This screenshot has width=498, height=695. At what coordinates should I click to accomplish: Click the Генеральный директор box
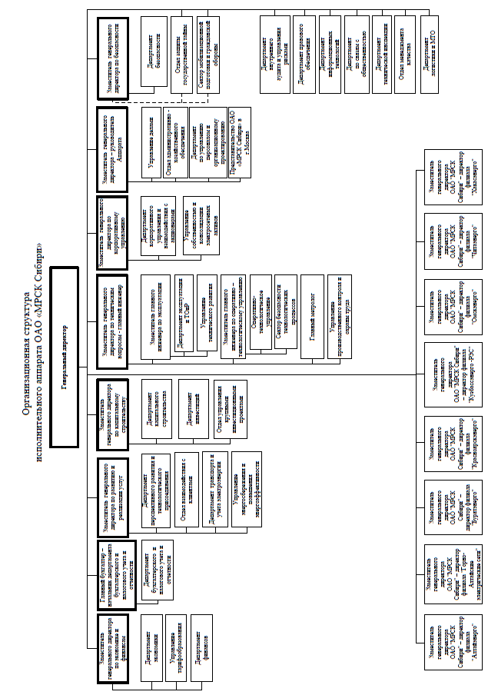(65, 357)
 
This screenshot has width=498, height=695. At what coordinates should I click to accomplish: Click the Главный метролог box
(312, 316)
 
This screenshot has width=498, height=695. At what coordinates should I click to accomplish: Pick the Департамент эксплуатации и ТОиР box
(182, 316)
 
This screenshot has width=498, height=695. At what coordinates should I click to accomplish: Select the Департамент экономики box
(152, 648)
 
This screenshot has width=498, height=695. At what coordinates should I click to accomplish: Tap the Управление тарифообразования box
(178, 648)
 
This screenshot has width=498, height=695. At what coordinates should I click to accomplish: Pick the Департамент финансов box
(202, 648)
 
